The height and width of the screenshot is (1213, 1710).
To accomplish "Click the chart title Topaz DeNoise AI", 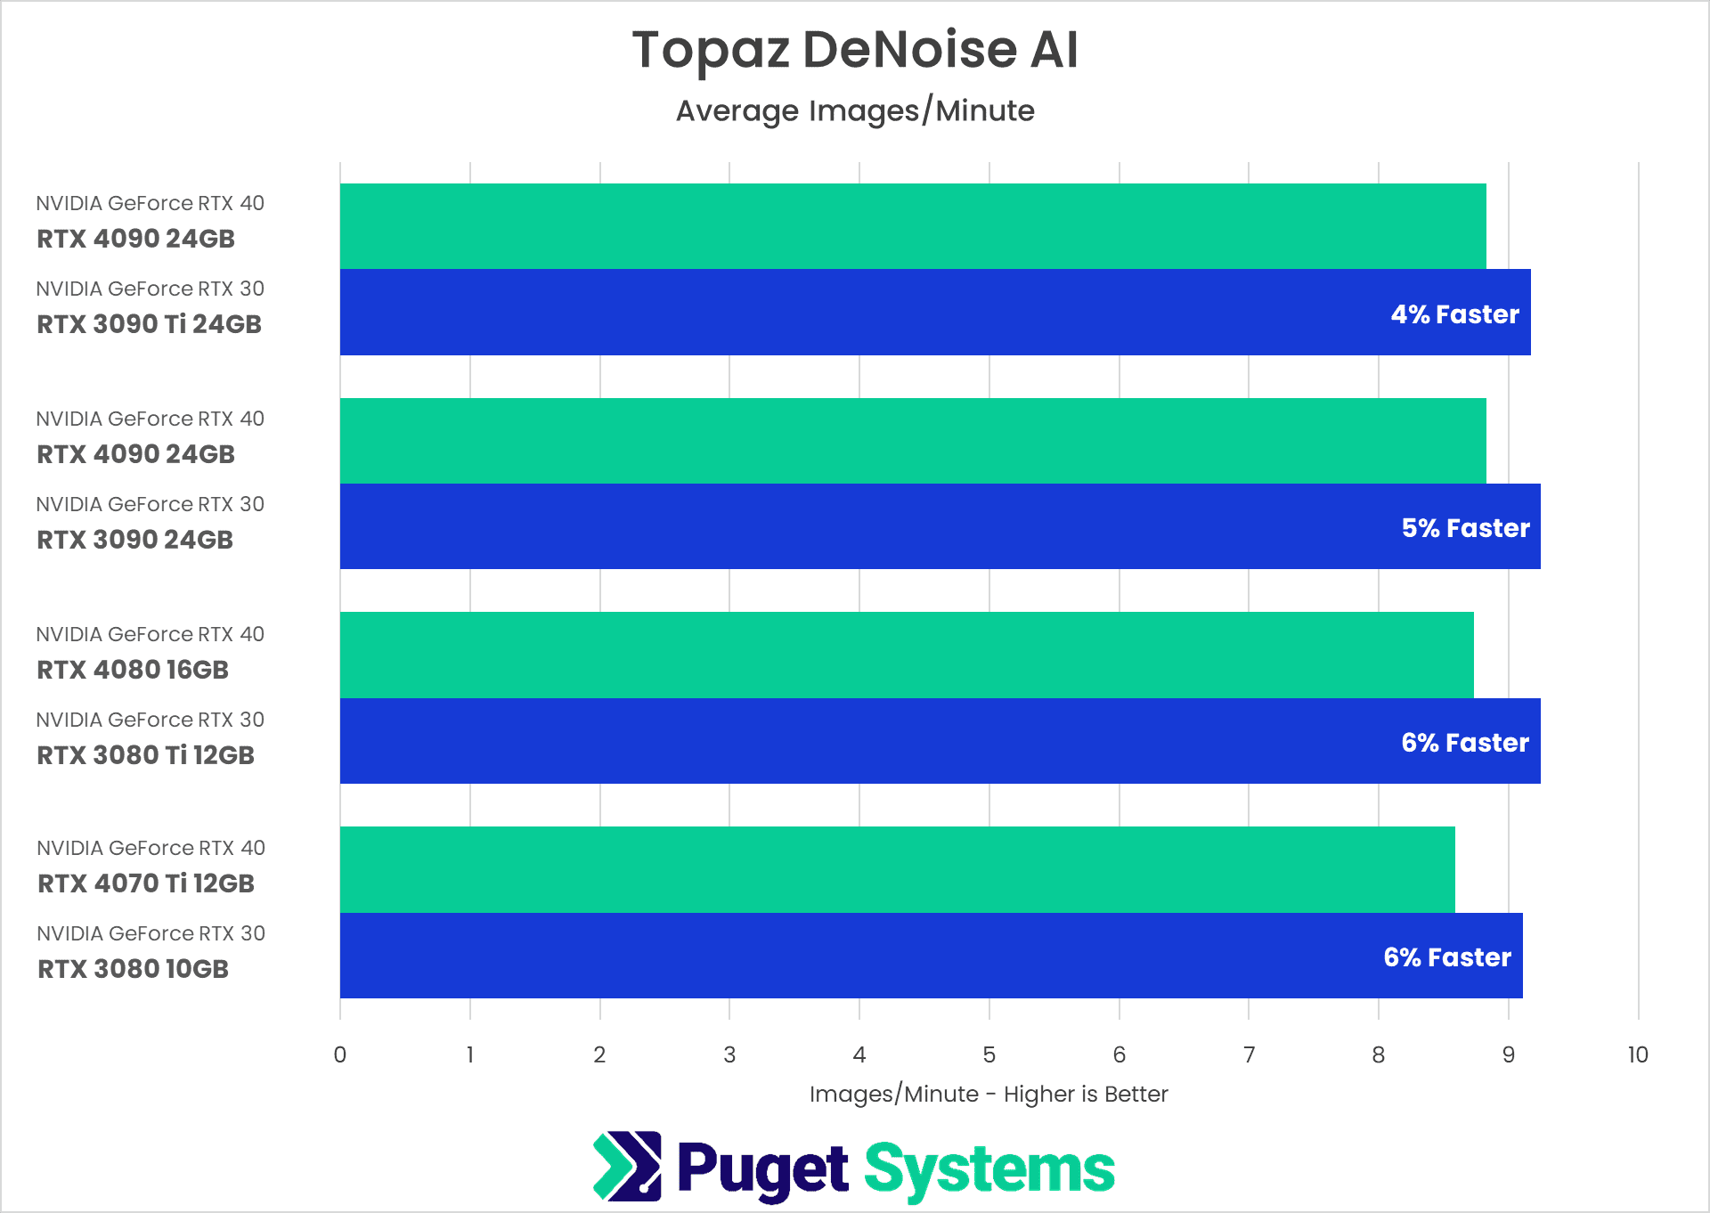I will click(855, 50).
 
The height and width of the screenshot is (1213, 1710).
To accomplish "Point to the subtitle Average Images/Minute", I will click(855, 111).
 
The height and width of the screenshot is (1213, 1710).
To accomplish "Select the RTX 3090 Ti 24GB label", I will click(149, 324).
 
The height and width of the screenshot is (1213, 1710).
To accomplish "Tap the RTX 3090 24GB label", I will click(134, 540).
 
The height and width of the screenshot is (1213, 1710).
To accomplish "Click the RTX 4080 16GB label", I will click(133, 670).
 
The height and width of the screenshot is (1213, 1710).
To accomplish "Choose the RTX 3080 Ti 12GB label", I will click(145, 755).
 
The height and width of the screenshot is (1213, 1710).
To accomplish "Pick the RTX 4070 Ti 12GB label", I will click(146, 883).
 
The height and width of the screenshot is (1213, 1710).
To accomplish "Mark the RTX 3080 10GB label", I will click(133, 969).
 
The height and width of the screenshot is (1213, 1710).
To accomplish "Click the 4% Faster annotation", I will click(1454, 314).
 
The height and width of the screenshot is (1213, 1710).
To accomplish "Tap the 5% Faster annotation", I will click(1465, 528).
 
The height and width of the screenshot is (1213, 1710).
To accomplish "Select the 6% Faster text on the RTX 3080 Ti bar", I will click(1464, 743).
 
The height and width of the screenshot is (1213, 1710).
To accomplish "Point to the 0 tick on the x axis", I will click(340, 1055).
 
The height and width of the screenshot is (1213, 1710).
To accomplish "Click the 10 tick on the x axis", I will click(1637, 1055).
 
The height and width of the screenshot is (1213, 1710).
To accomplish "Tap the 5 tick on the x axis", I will click(989, 1055).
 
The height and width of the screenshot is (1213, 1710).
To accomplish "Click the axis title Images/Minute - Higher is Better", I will click(989, 1095).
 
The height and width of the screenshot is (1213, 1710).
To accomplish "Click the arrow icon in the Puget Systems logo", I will click(627, 1167).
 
